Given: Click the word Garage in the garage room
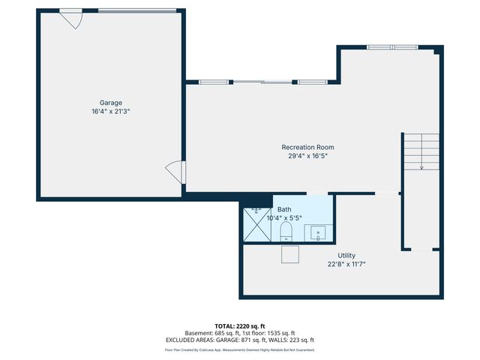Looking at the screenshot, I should (x=111, y=103).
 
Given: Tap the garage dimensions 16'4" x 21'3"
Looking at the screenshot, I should (x=111, y=111).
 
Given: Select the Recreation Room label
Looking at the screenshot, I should (x=307, y=147).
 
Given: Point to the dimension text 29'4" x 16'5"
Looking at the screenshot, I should (x=307, y=156).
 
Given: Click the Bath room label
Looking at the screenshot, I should (x=284, y=209).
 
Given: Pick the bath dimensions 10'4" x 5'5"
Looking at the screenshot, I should (x=284, y=217).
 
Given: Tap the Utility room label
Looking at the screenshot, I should (x=346, y=256).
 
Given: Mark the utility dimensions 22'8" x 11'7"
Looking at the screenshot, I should (x=346, y=264).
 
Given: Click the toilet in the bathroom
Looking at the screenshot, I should (x=286, y=231).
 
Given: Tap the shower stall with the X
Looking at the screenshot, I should (x=257, y=223).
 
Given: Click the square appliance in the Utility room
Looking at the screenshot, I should (x=290, y=254).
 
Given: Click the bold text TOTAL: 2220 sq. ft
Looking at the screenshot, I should (x=240, y=326).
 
